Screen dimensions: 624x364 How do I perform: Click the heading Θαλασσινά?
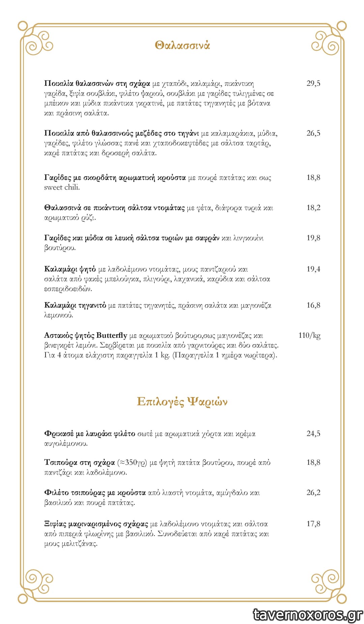[x=182, y=45]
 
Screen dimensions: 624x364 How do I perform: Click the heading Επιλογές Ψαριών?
[x=182, y=402]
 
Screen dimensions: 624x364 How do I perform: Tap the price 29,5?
[x=313, y=83]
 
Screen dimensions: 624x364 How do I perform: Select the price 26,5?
[x=313, y=133]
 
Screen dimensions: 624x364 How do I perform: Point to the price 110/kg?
[x=309, y=335]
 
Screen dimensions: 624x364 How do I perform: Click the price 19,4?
[x=313, y=269]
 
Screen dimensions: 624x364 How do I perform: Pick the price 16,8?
[x=313, y=305]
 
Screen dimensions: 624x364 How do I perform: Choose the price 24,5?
[x=313, y=434]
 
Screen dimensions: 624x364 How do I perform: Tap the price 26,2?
[x=313, y=493]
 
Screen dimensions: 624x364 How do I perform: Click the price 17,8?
[x=313, y=524]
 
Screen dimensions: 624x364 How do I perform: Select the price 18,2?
[x=313, y=208]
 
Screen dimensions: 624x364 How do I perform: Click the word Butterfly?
[x=112, y=335]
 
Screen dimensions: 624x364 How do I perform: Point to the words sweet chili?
[x=62, y=187]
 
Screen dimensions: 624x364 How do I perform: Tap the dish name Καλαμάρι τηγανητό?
[x=75, y=305]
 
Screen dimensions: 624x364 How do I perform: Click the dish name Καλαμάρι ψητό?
[x=70, y=269]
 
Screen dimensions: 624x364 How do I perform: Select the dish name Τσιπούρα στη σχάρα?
[x=79, y=462]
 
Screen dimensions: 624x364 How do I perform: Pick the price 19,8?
[x=313, y=238]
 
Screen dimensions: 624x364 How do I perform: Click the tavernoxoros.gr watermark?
[x=308, y=614]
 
